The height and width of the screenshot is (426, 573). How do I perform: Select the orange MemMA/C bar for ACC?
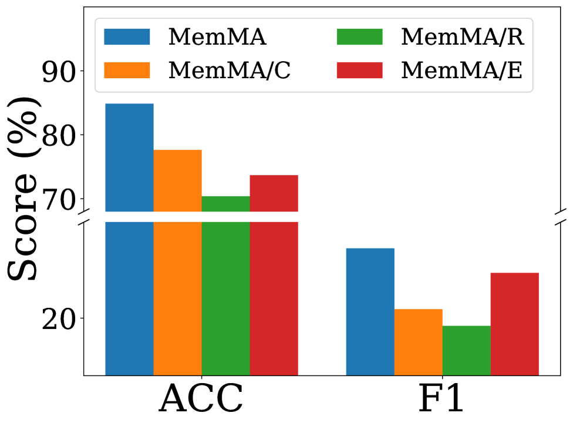177,264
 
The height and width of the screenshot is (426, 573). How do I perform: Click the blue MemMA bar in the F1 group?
370,311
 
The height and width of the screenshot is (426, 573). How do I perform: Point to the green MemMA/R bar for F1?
466,350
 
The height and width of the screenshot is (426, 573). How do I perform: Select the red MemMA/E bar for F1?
514,324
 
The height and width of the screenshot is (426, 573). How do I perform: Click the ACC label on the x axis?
201,400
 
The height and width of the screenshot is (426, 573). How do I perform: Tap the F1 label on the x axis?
442,400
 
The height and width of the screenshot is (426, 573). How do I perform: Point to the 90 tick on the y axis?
59,71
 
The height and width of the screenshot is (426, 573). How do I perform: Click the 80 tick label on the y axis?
59,135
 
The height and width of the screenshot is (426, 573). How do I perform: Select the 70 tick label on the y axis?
59,198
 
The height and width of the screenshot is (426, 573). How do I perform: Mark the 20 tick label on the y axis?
59,318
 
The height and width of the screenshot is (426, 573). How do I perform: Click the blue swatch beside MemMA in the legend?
127,36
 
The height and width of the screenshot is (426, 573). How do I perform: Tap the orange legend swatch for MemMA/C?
127,70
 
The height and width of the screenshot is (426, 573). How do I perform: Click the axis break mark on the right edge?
562,216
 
